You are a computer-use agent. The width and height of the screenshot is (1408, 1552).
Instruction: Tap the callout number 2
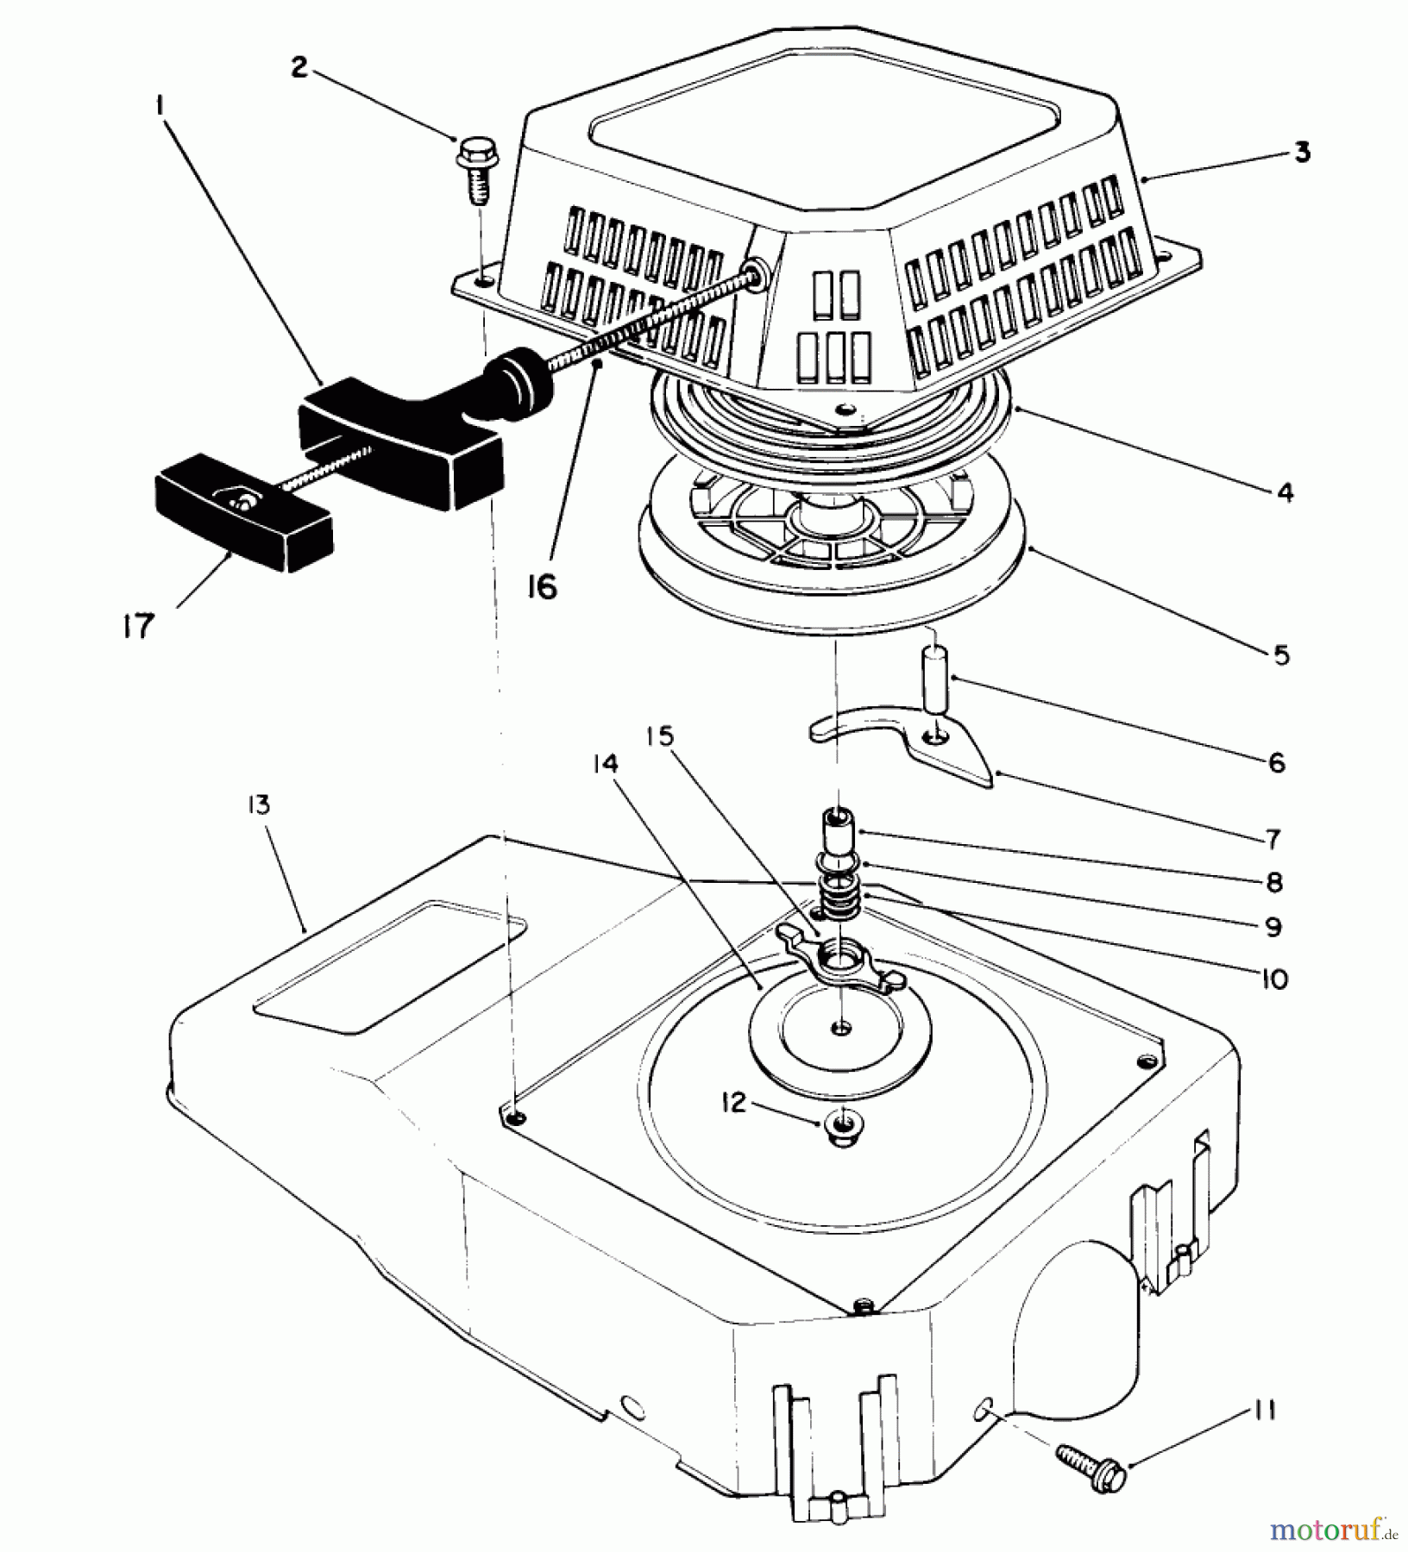(x=299, y=67)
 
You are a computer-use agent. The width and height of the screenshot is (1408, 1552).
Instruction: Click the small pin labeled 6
(x=933, y=681)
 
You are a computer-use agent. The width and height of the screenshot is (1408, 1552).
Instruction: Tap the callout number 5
(x=1280, y=654)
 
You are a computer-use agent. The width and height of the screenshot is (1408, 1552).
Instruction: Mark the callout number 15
(x=665, y=738)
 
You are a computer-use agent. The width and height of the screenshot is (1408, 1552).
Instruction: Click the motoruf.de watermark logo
(x=1334, y=1528)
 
